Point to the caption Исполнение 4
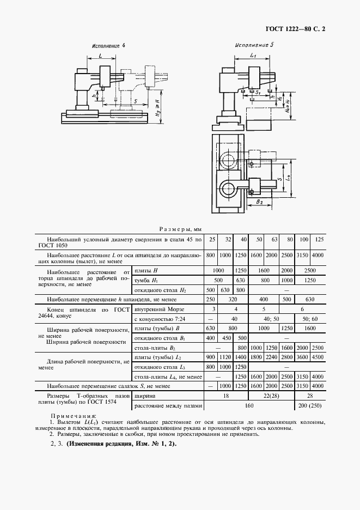108,46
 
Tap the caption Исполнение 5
254,46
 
